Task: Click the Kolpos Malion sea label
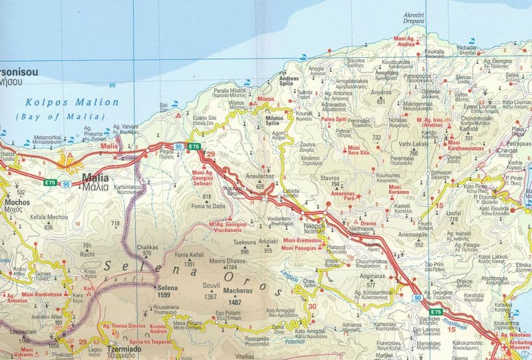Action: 71,102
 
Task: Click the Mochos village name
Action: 17,201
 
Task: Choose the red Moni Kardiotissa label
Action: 45,294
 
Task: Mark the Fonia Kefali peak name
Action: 189,255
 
